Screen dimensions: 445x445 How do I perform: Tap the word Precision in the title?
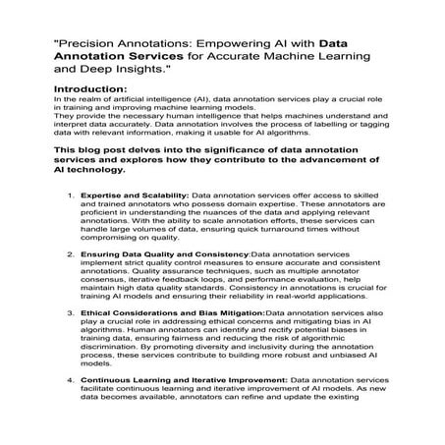click(89, 43)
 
